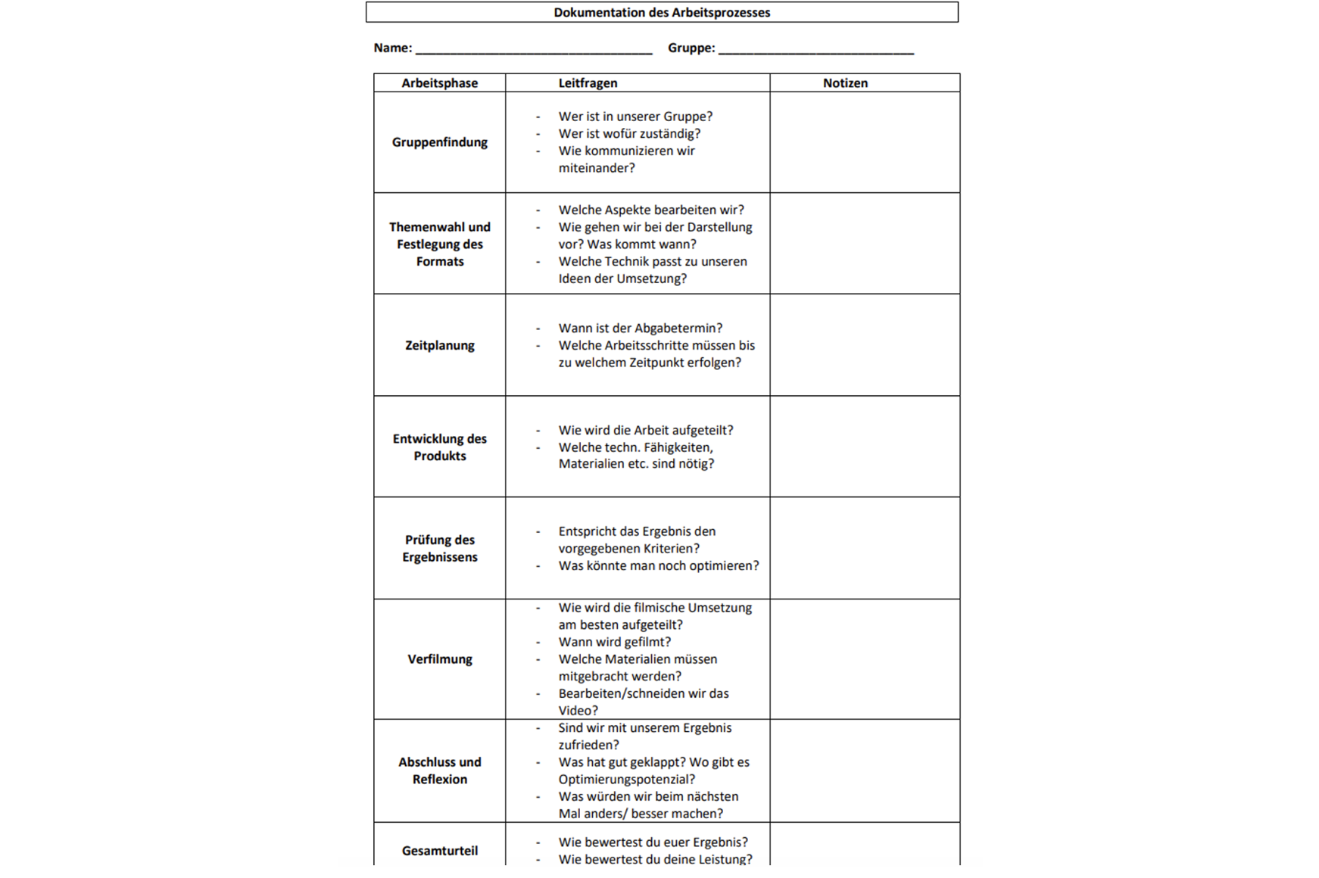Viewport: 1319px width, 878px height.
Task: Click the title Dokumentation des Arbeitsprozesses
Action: point(661,12)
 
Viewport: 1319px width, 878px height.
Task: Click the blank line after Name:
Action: point(534,49)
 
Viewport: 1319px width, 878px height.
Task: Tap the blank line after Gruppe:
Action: point(815,49)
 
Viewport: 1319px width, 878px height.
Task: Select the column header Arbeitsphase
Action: point(439,83)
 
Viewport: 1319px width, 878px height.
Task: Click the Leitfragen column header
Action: point(588,83)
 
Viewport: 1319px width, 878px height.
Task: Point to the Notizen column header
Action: point(845,83)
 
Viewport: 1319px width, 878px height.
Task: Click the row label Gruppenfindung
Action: point(439,142)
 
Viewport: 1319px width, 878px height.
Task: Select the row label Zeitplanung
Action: point(439,345)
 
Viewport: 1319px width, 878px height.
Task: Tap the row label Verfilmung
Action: point(439,659)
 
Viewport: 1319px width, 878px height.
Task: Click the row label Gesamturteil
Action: point(439,851)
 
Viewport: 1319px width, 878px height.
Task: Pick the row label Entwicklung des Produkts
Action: point(439,447)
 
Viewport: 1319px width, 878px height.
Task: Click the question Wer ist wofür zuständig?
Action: point(629,134)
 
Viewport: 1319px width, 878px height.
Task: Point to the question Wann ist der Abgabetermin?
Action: point(640,328)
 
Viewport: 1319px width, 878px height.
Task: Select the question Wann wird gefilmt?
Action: point(614,642)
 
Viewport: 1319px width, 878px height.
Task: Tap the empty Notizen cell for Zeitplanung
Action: point(865,345)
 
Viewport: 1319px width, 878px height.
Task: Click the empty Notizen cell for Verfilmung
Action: point(865,659)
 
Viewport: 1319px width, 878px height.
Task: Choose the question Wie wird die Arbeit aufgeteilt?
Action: point(645,430)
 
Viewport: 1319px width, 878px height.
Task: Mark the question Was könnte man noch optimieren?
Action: point(658,565)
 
